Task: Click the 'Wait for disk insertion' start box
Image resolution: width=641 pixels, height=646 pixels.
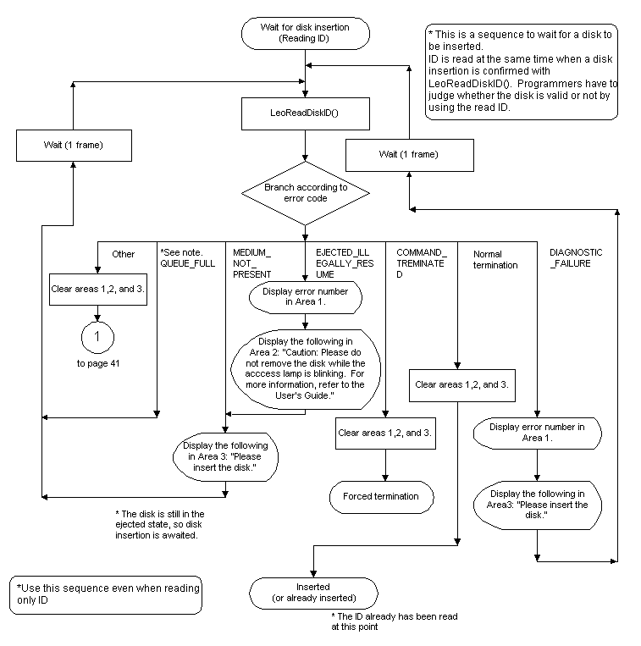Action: point(307,33)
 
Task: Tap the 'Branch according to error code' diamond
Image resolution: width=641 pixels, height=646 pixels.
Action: point(306,192)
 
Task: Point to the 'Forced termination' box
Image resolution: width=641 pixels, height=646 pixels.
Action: point(385,496)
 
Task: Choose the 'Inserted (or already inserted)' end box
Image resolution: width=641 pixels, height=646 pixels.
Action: point(313,593)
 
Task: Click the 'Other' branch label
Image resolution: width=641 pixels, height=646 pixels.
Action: point(124,253)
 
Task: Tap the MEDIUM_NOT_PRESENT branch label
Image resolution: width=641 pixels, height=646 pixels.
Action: point(252,263)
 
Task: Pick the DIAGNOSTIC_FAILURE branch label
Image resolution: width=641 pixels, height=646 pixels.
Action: point(576,258)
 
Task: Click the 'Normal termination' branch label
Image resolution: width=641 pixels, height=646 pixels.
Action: point(495,259)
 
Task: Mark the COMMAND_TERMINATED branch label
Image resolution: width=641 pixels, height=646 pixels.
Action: point(421,263)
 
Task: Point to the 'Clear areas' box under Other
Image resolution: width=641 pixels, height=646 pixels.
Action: point(99,287)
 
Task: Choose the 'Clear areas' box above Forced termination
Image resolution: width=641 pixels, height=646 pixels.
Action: point(385,433)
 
